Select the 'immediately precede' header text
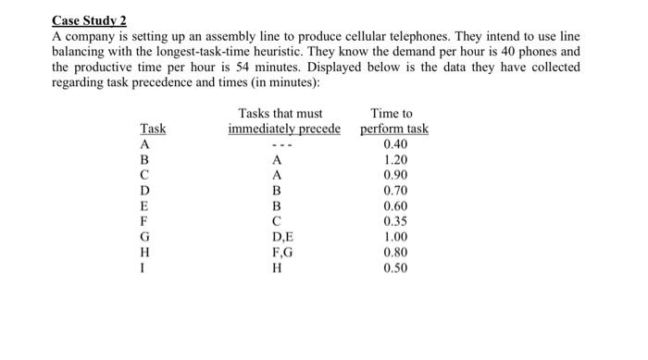(x=284, y=130)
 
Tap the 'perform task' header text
(x=394, y=130)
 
